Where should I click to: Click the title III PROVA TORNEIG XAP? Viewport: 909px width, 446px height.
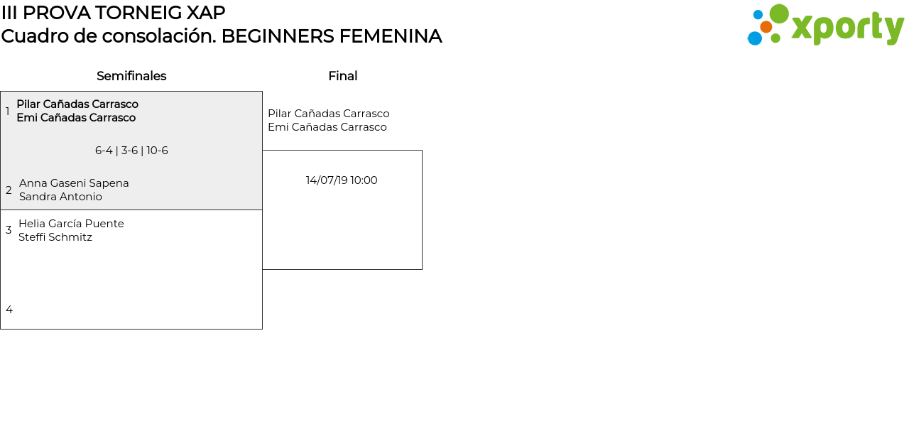(x=113, y=13)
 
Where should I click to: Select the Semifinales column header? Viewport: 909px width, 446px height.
(x=131, y=76)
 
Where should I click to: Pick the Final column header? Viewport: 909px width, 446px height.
(x=342, y=76)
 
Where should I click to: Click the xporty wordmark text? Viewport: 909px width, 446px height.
(x=847, y=28)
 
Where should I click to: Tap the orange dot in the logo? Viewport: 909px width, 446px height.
(x=766, y=27)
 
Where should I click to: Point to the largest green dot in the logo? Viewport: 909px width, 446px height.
(x=779, y=13)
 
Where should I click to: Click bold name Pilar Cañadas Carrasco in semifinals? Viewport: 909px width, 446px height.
(x=77, y=104)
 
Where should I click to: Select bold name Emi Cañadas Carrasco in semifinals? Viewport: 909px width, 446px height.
(x=76, y=118)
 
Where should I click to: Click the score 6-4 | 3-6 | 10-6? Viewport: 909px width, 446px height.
(x=131, y=151)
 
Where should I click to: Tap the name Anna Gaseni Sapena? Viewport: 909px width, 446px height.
(x=74, y=183)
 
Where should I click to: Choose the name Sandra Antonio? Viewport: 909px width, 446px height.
(x=60, y=197)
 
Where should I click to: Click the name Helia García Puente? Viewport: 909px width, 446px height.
(x=71, y=224)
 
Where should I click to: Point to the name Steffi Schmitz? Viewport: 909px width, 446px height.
(x=55, y=237)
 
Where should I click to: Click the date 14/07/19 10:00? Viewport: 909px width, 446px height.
(x=342, y=180)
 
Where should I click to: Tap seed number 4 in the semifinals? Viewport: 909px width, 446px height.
(x=9, y=310)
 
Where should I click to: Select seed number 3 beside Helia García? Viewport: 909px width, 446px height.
(x=9, y=230)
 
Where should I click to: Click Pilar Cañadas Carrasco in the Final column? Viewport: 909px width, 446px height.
(x=328, y=114)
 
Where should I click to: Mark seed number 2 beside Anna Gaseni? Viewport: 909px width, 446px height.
(x=9, y=190)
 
